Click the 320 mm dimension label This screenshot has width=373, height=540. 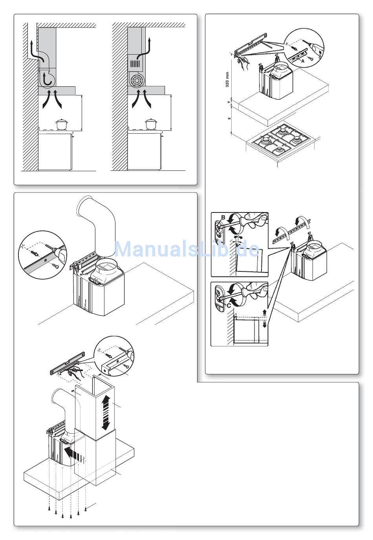(x=228, y=79)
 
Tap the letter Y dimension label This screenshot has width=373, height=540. (x=229, y=102)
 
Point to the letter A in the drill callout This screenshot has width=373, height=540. (x=303, y=61)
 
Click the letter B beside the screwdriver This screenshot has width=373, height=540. (x=223, y=218)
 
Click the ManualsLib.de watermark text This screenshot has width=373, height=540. (x=186, y=249)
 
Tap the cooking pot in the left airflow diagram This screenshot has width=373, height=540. (x=62, y=124)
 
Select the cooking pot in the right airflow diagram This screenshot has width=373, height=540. (x=151, y=124)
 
